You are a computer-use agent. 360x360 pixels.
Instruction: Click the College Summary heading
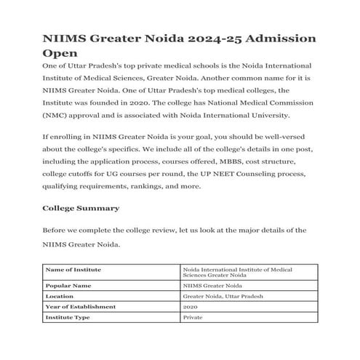click(80, 209)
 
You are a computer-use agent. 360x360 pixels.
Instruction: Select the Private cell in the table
click(193, 318)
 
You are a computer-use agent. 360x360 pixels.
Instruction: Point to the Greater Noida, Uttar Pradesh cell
click(223, 297)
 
